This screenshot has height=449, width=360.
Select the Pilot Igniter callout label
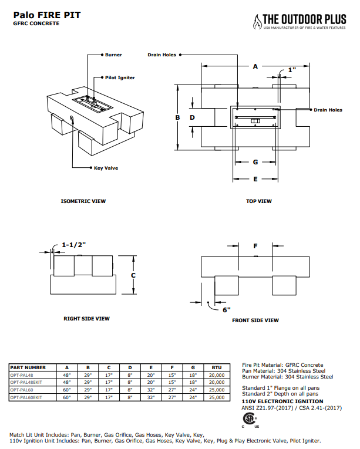pyautogui.click(x=120, y=77)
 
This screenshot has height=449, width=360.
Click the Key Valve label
pyautogui.click(x=106, y=168)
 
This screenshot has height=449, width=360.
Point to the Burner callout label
pyautogui.click(x=113, y=55)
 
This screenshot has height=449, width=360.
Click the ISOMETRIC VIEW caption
pyautogui.click(x=83, y=201)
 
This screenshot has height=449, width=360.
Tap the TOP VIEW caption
pyautogui.click(x=259, y=201)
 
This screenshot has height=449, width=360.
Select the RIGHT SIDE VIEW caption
pyautogui.click(x=86, y=319)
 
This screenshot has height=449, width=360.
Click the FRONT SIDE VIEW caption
pyautogui.click(x=255, y=320)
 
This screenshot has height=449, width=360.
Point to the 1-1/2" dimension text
pyautogui.click(x=74, y=245)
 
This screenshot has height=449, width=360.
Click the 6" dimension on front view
pyautogui.click(x=226, y=309)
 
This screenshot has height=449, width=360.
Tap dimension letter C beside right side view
pyautogui.click(x=133, y=275)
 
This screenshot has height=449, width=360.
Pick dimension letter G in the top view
pyautogui.click(x=255, y=161)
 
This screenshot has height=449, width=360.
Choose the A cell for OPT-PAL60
pyautogui.click(x=67, y=390)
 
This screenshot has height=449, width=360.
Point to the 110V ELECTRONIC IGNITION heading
pyautogui.click(x=278, y=401)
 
